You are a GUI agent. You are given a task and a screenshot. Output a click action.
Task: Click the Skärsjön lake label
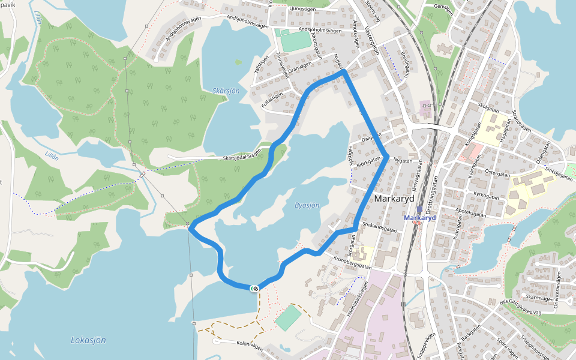226,91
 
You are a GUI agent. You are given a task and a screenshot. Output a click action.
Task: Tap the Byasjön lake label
307,205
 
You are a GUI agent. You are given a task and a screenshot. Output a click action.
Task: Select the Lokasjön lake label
88,340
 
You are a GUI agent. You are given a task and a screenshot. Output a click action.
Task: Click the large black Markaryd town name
395,199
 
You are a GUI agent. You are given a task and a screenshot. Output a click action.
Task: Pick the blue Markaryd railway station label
419,218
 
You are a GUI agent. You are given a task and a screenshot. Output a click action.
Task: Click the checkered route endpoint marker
255,289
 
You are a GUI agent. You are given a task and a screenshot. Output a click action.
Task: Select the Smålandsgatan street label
380,227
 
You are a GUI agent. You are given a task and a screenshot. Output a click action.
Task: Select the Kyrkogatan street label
486,195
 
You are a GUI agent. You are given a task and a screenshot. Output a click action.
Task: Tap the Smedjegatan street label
559,174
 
